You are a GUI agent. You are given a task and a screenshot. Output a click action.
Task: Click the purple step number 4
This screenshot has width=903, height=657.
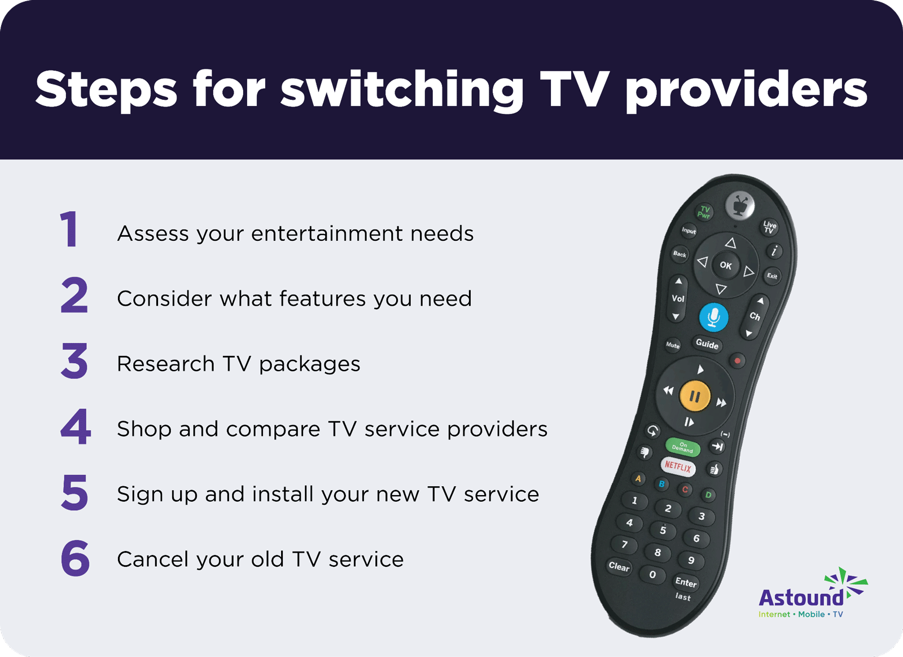tap(76, 426)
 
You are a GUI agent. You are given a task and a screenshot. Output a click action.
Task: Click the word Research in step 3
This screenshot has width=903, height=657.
tap(166, 364)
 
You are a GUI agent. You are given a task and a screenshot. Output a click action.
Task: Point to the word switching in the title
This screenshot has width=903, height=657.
tap(401, 90)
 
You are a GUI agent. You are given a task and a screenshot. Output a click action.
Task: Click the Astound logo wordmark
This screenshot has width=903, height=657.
tap(801, 597)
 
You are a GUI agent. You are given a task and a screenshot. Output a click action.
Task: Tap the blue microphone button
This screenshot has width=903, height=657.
tap(713, 317)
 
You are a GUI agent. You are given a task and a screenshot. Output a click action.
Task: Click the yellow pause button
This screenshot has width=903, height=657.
tap(695, 396)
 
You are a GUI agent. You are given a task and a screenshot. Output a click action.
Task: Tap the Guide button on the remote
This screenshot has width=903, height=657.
tap(707, 344)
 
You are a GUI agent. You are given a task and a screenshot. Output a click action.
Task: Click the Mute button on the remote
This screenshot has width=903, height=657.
tap(672, 345)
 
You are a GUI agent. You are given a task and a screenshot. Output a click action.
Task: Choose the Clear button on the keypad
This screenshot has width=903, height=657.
tap(619, 566)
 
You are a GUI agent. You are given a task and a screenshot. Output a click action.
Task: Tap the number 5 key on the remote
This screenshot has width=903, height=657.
tap(663, 530)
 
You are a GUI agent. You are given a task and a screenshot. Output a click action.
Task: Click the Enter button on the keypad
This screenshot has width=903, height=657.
tap(686, 582)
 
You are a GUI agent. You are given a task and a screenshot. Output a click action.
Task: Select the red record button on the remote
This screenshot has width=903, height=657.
tap(737, 360)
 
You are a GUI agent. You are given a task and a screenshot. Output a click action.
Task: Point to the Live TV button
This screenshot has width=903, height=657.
tap(770, 227)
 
